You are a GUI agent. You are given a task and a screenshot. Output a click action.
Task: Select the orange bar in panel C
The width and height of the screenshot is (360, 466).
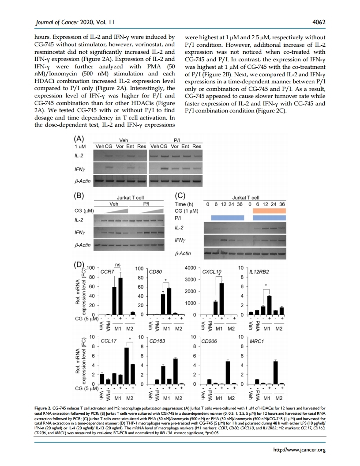click(269, 210)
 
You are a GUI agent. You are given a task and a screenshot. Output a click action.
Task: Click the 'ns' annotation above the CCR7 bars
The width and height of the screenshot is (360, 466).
click(117, 264)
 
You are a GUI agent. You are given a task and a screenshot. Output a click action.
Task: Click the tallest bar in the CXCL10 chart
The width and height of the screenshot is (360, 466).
click(222, 298)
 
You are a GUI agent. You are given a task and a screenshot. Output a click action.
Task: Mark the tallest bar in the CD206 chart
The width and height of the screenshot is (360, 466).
click(228, 372)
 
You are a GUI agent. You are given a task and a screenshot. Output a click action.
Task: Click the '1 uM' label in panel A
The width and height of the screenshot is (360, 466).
click(80, 146)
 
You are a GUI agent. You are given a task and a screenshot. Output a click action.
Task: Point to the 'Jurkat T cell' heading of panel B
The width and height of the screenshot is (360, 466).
click(128, 198)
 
